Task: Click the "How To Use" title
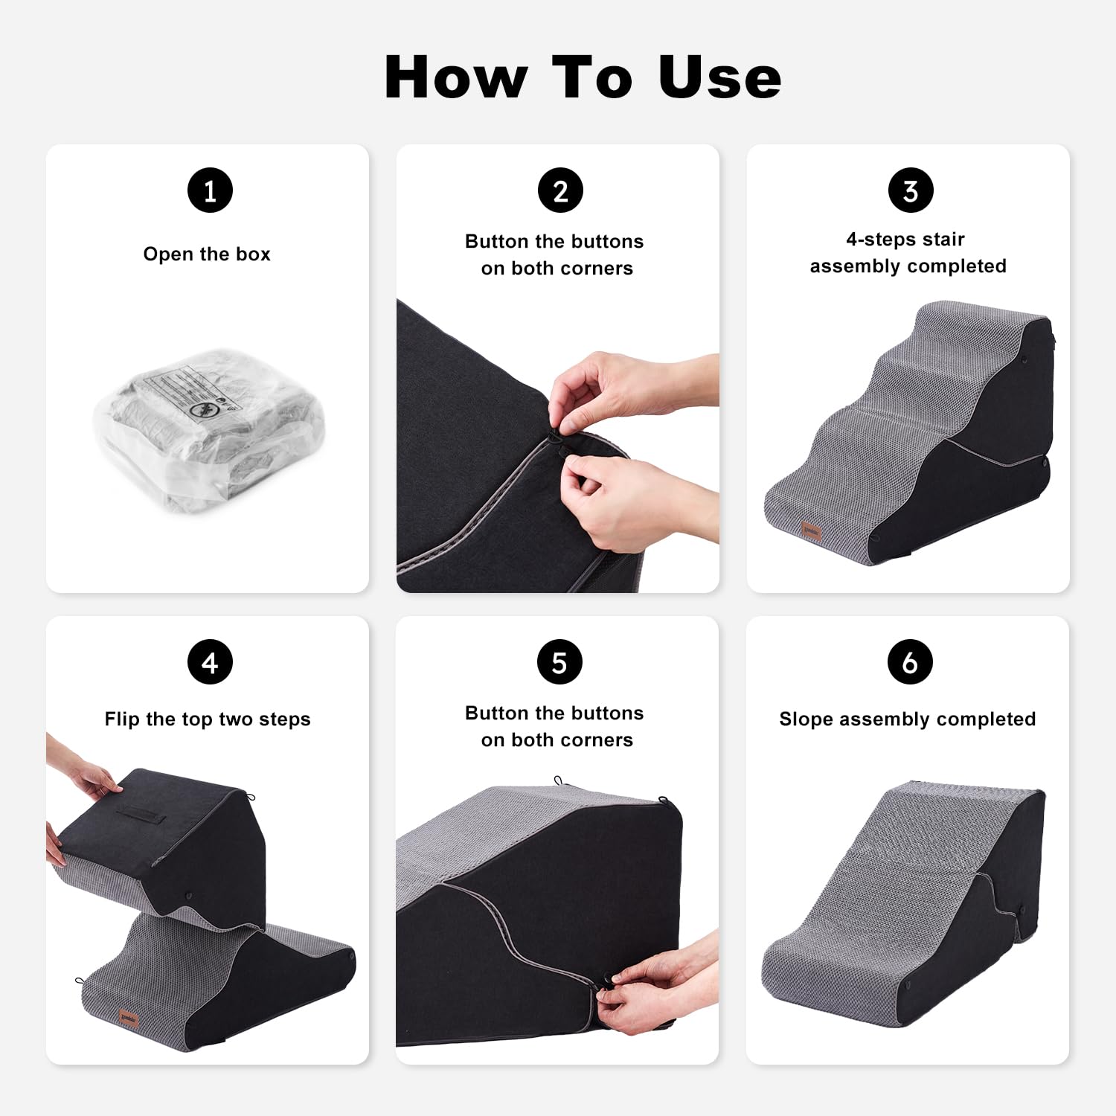(583, 77)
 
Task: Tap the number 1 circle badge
(210, 190)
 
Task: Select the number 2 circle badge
(559, 190)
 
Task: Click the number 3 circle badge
(910, 190)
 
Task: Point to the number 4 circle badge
(210, 662)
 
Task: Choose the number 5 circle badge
(559, 662)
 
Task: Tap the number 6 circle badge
(910, 662)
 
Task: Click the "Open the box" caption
(207, 254)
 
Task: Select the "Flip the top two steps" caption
(207, 719)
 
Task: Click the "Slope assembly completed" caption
(907, 719)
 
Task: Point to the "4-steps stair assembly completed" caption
(907, 253)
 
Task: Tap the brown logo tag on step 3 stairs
(811, 530)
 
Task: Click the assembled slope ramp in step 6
(904, 915)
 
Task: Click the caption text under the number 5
(556, 726)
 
